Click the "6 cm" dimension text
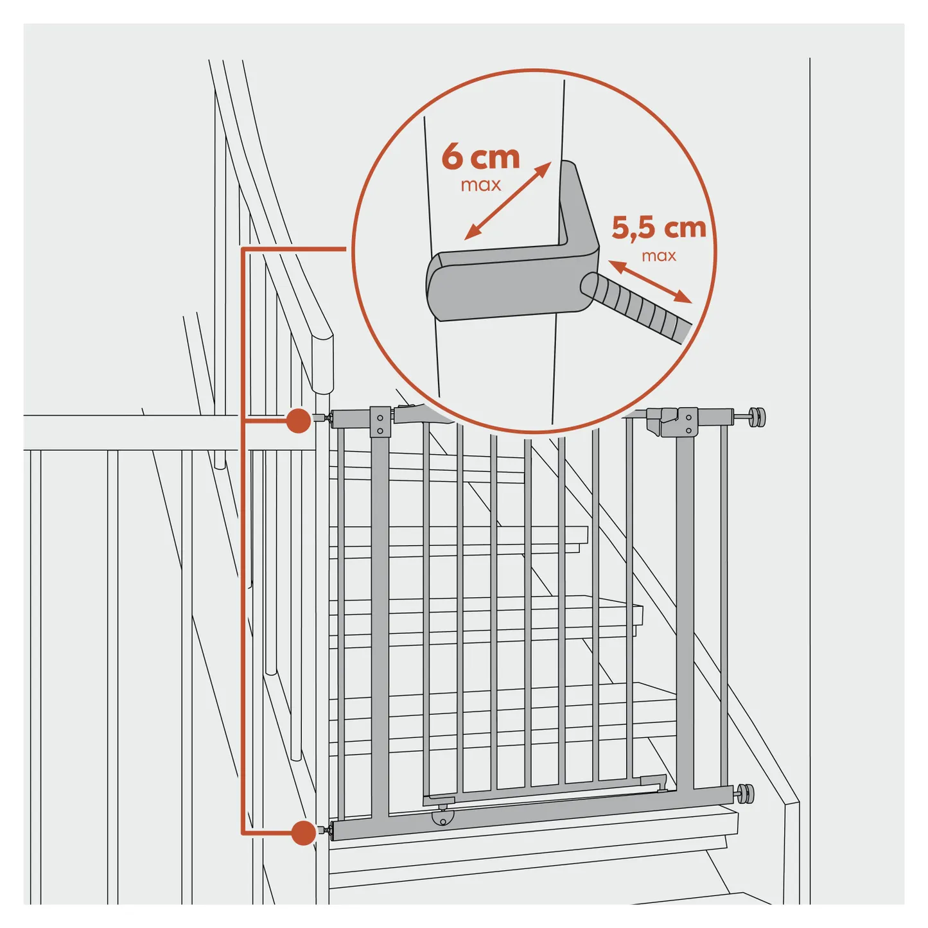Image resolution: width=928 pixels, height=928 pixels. click(x=480, y=157)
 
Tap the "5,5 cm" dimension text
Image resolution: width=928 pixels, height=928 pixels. click(x=659, y=227)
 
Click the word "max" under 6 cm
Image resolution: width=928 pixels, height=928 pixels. click(x=480, y=185)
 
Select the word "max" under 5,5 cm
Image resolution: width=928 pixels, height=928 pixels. click(x=659, y=255)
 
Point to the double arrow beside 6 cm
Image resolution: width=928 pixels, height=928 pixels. click(x=507, y=200)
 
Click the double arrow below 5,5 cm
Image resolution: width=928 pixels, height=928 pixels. click(x=650, y=281)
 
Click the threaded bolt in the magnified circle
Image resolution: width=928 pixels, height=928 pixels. click(x=636, y=308)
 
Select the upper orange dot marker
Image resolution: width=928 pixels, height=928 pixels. click(x=299, y=421)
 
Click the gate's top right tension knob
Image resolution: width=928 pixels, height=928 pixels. click(x=755, y=417)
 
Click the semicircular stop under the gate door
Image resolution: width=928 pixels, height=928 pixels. click(x=444, y=818)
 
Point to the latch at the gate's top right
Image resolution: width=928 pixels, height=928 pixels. click(x=672, y=422)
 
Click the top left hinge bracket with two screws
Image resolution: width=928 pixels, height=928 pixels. click(x=380, y=422)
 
